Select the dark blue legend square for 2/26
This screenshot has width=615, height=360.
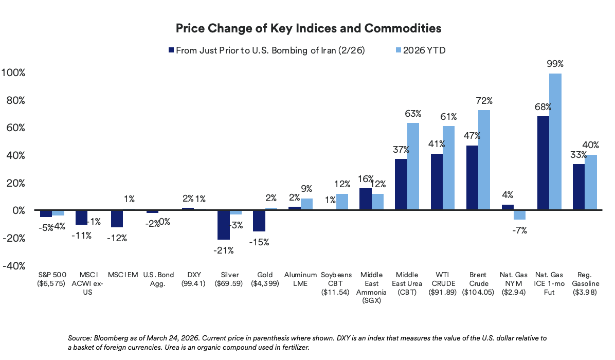(171, 50)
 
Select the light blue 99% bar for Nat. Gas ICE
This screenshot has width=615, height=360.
(555, 141)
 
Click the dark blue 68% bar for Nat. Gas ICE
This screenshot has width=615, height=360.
(543, 163)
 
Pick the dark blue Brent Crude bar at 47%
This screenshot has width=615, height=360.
(472, 178)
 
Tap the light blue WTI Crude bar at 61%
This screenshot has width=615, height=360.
(448, 168)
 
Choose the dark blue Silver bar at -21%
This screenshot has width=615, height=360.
(223, 225)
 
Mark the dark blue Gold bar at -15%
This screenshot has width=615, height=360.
(259, 221)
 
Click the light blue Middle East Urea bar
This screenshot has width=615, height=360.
(413, 167)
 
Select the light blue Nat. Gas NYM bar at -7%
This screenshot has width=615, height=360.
(519, 215)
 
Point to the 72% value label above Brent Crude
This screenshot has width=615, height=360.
(484, 100)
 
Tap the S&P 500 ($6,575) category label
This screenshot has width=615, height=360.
(52, 279)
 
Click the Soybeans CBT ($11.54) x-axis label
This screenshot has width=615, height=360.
(336, 283)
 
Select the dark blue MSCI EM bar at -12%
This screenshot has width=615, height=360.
(117, 219)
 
